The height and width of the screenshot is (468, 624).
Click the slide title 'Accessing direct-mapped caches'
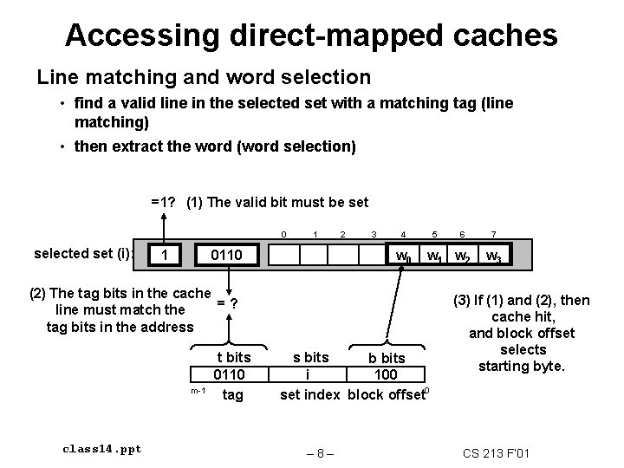tap(311, 35)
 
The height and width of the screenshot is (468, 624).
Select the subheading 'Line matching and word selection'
tap(204, 77)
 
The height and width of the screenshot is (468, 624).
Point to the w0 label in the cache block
tap(401, 257)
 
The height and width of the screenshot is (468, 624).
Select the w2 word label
tap(464, 257)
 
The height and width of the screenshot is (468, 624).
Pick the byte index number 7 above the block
tap(493, 235)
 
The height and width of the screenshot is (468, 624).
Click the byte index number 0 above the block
tap(284, 235)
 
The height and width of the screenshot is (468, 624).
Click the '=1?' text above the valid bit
tap(165, 202)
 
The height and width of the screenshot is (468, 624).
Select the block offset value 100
tap(385, 375)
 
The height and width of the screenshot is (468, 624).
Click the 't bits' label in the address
tap(232, 357)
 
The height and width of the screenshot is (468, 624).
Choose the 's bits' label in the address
tap(310, 357)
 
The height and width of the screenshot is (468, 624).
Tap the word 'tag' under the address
tap(232, 395)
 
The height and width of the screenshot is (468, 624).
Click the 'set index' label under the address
tap(310, 395)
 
